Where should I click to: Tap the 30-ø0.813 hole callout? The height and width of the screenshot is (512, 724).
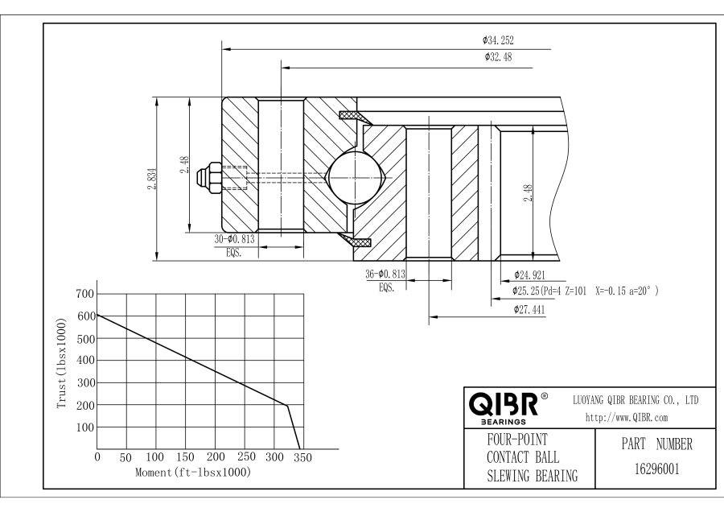236,240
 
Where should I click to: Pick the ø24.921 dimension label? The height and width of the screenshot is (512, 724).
529,275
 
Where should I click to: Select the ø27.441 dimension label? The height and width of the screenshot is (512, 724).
529,308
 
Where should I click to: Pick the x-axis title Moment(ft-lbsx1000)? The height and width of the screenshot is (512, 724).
194,473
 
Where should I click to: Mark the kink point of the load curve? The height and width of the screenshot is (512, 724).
286,405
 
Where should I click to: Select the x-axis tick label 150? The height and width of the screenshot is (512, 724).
185,458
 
